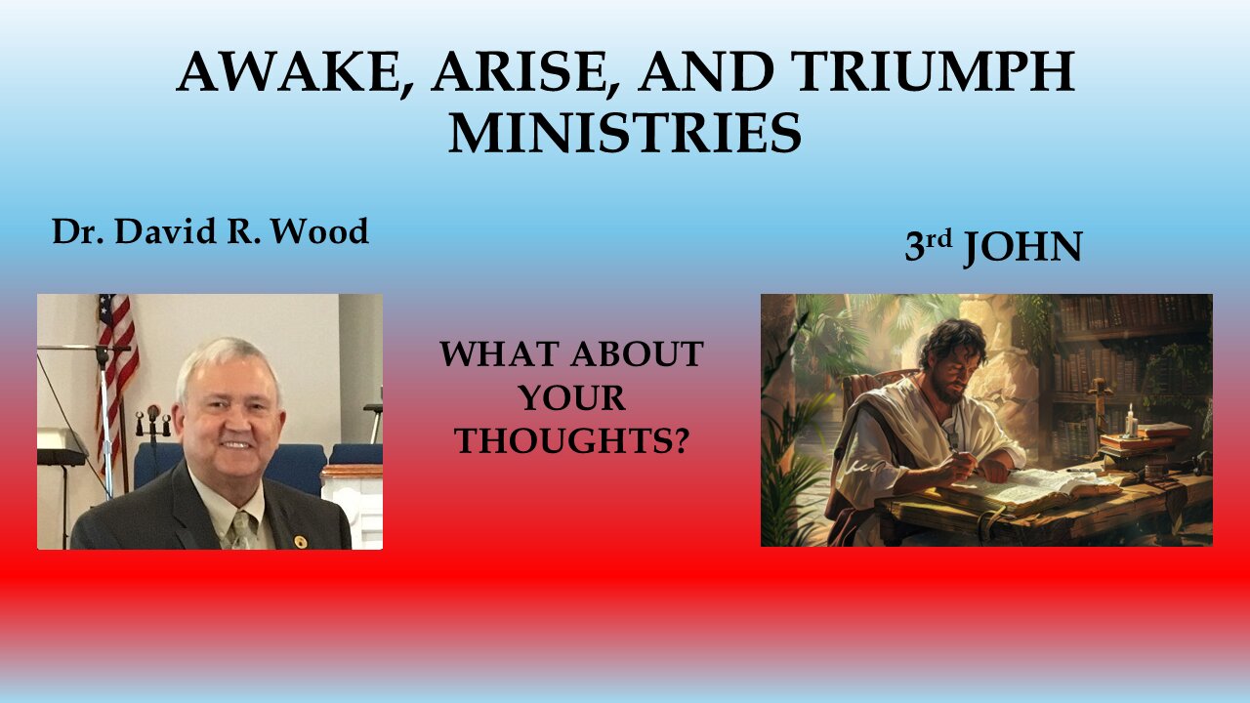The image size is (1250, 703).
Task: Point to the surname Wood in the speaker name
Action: coord(323,232)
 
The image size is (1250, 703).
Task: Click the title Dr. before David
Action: coord(78,232)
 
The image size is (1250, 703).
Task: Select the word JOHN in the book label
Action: coord(1023,248)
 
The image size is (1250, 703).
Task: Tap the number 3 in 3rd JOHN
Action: coord(915,248)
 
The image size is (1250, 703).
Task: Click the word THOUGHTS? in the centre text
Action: coord(571,441)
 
